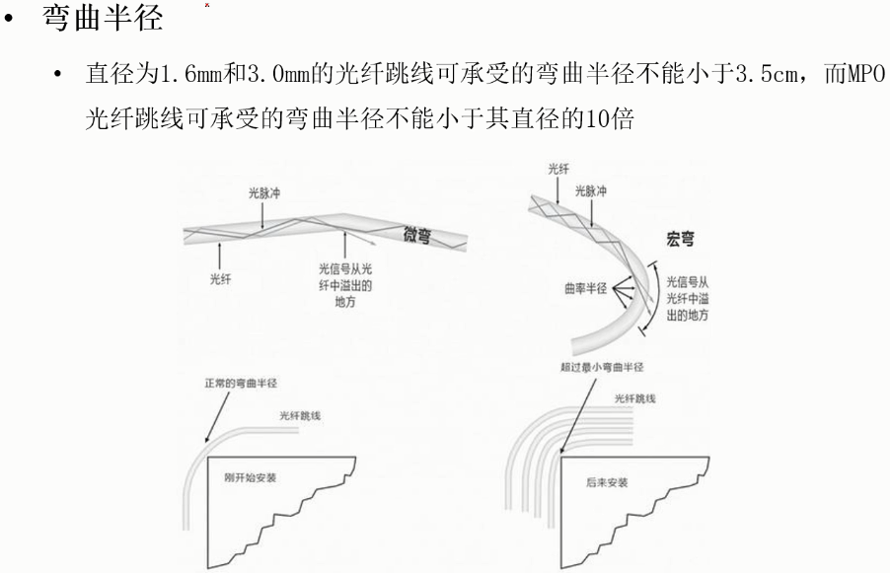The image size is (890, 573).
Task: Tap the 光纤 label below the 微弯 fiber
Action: pos(221,279)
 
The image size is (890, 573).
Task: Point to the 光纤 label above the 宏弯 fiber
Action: pos(557,170)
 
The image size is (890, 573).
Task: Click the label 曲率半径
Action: pos(582,292)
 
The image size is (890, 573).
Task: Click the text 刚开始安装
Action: pos(251,476)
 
